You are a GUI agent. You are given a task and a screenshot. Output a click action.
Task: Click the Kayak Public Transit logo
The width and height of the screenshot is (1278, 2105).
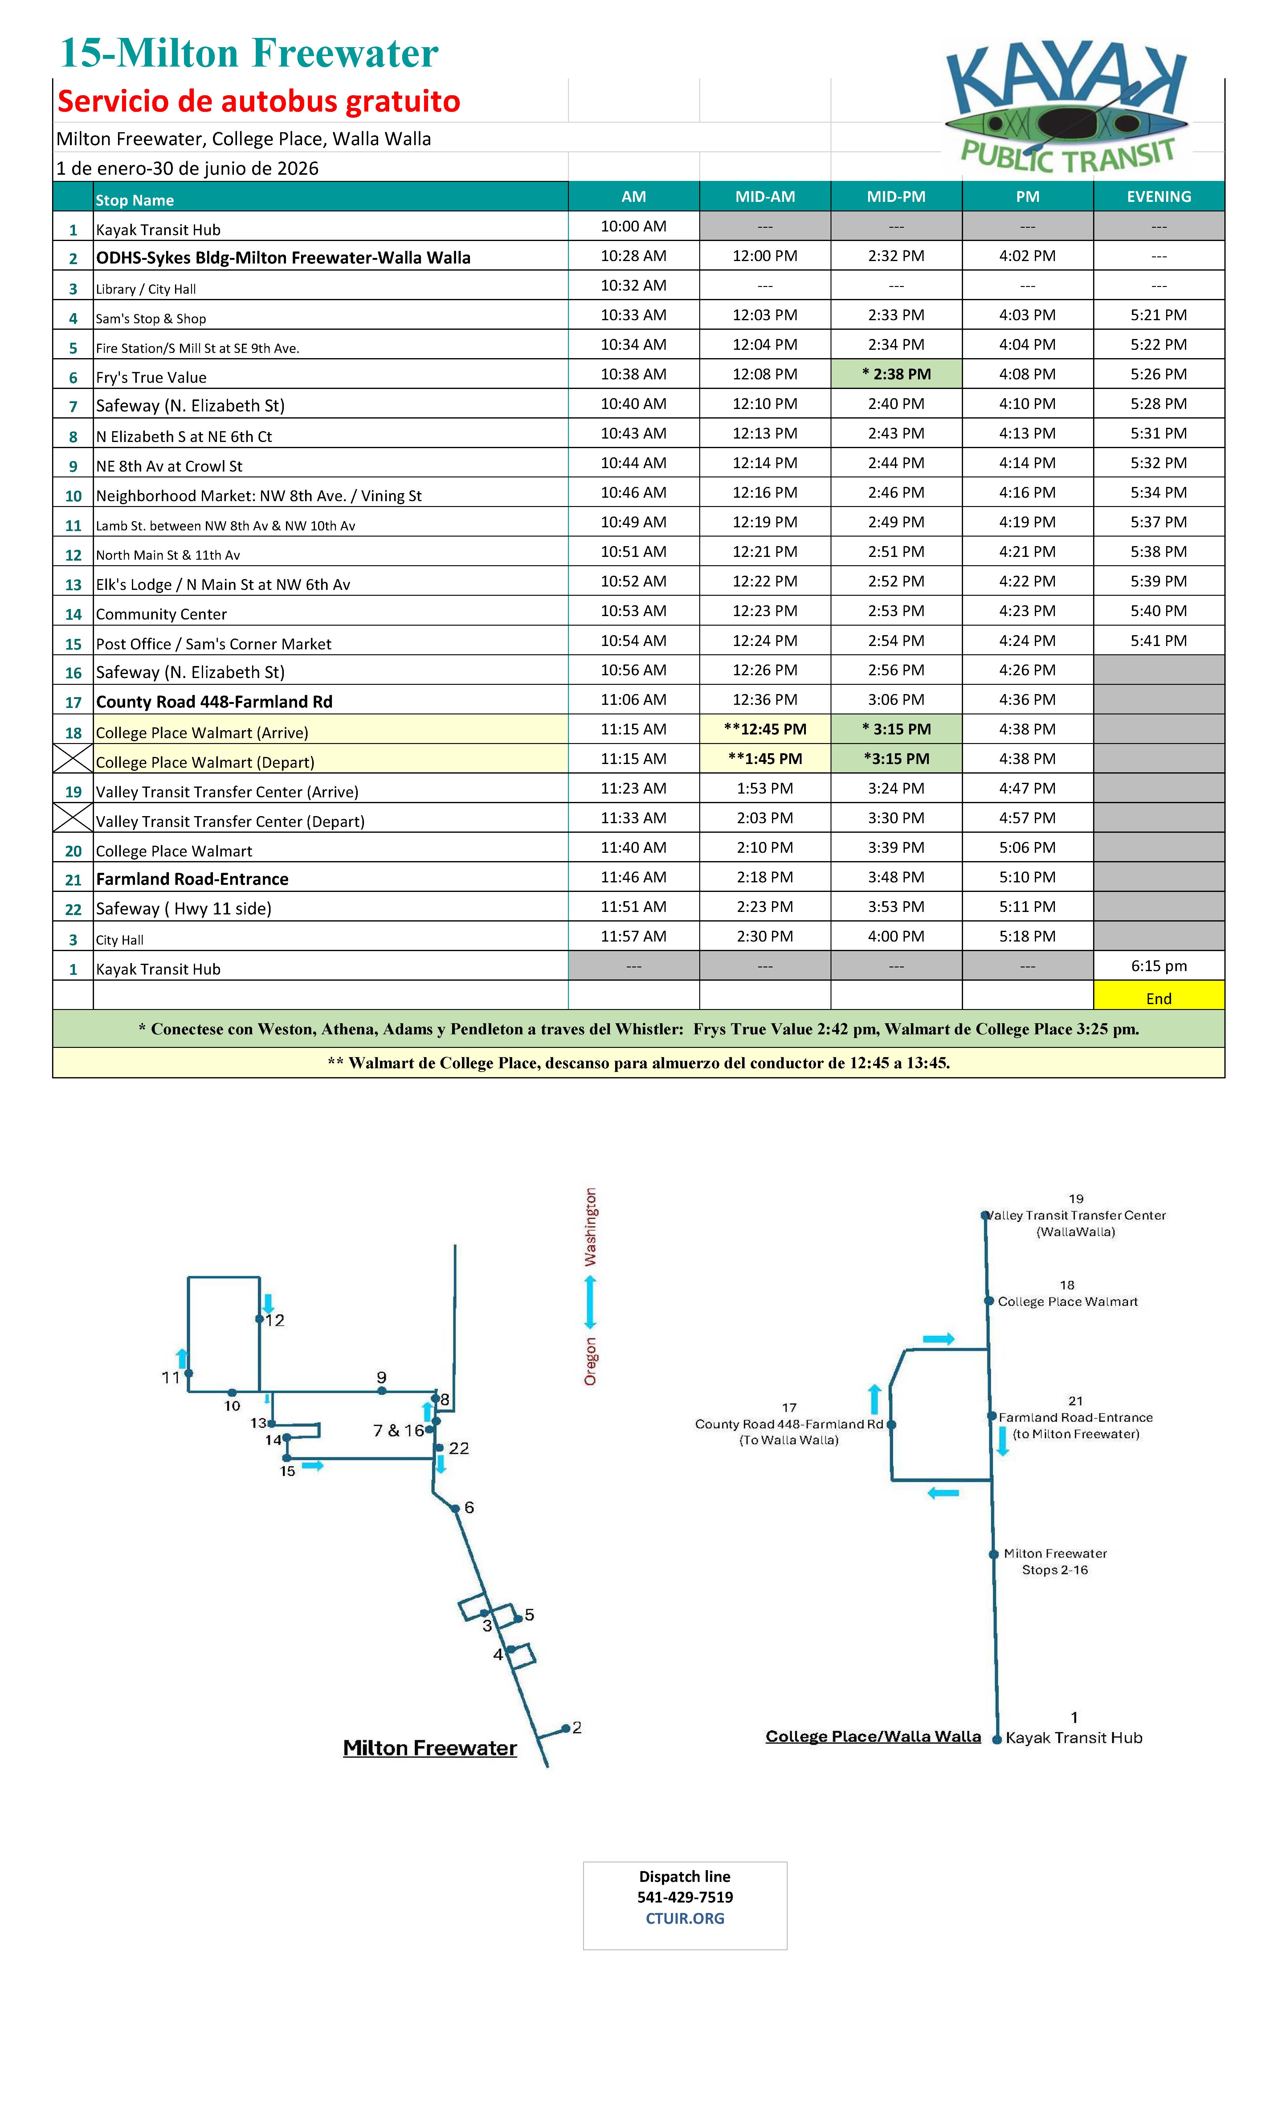point(1066,107)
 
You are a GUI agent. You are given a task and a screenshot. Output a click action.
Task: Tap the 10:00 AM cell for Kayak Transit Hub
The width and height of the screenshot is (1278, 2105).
point(633,227)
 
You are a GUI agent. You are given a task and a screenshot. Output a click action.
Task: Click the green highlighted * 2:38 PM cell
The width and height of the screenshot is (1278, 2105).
point(896,374)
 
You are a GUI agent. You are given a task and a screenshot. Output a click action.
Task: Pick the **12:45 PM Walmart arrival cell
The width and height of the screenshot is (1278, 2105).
point(765,729)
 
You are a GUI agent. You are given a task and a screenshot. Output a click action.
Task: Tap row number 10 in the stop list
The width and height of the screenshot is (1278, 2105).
point(73,496)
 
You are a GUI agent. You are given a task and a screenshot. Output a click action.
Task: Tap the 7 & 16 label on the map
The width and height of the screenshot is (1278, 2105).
point(398,1430)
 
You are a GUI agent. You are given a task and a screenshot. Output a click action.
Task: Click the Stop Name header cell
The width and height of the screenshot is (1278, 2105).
point(135,200)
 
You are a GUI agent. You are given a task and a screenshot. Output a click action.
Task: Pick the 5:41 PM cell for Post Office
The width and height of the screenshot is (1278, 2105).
point(1158,640)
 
